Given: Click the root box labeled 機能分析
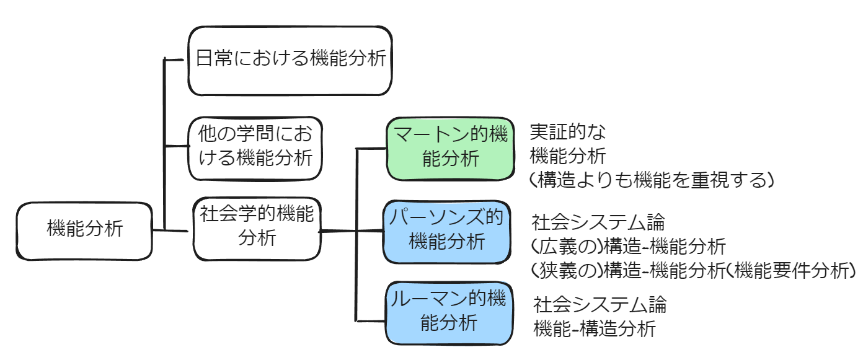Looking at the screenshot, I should coord(84,230).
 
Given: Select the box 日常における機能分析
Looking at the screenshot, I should coord(291,60).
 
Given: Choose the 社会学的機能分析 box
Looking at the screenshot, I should coord(257,227).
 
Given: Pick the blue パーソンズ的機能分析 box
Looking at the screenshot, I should coord(447,231).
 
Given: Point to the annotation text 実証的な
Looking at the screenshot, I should coord(567,131).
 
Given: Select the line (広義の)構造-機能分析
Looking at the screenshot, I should coord(628,246).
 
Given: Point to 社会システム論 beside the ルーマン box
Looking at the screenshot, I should coord(600,304).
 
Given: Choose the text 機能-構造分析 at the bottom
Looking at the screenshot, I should coord(594,328).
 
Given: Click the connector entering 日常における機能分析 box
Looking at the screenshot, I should coord(175,60).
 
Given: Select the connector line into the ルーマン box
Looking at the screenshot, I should coord(370,320).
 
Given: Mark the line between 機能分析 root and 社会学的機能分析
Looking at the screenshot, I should coord(169,231).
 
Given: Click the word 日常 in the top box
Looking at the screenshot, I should coord(212,59).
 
